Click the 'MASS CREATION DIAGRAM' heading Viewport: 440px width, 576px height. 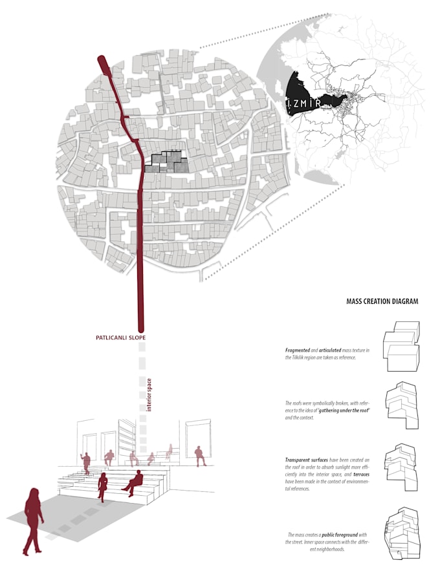click(382, 301)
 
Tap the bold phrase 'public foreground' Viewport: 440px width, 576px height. click(342, 535)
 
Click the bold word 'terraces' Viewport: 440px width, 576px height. click(358, 474)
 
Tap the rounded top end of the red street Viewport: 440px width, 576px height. click(102, 61)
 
